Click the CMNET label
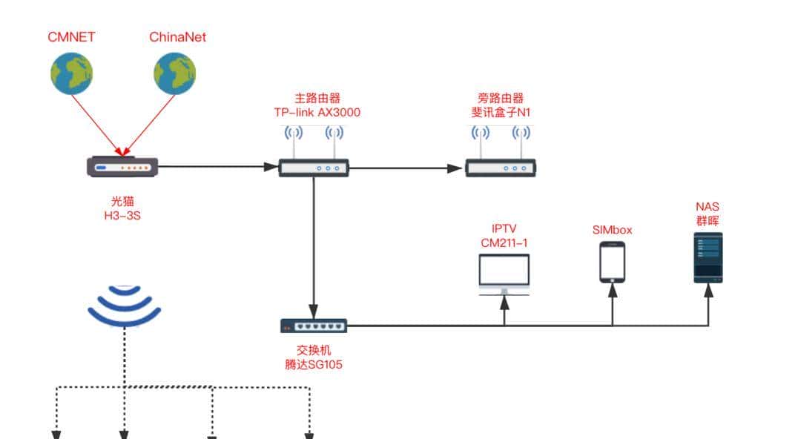[71, 37]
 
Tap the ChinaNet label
[177, 37]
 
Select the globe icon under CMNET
[71, 74]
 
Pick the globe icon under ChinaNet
[175, 74]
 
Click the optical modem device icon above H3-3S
[122, 166]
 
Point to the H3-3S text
[122, 215]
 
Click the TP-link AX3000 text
[317, 113]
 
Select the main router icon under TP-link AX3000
[313, 168]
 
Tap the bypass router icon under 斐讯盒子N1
[501, 168]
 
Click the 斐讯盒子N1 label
[501, 113]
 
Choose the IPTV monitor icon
[504, 274]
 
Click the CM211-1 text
[504, 242]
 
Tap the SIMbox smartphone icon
[612, 262]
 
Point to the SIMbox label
[612, 230]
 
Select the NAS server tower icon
[708, 257]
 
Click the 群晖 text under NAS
[708, 220]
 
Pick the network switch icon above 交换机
[313, 326]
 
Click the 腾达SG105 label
[313, 364]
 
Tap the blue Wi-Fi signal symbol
[124, 306]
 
